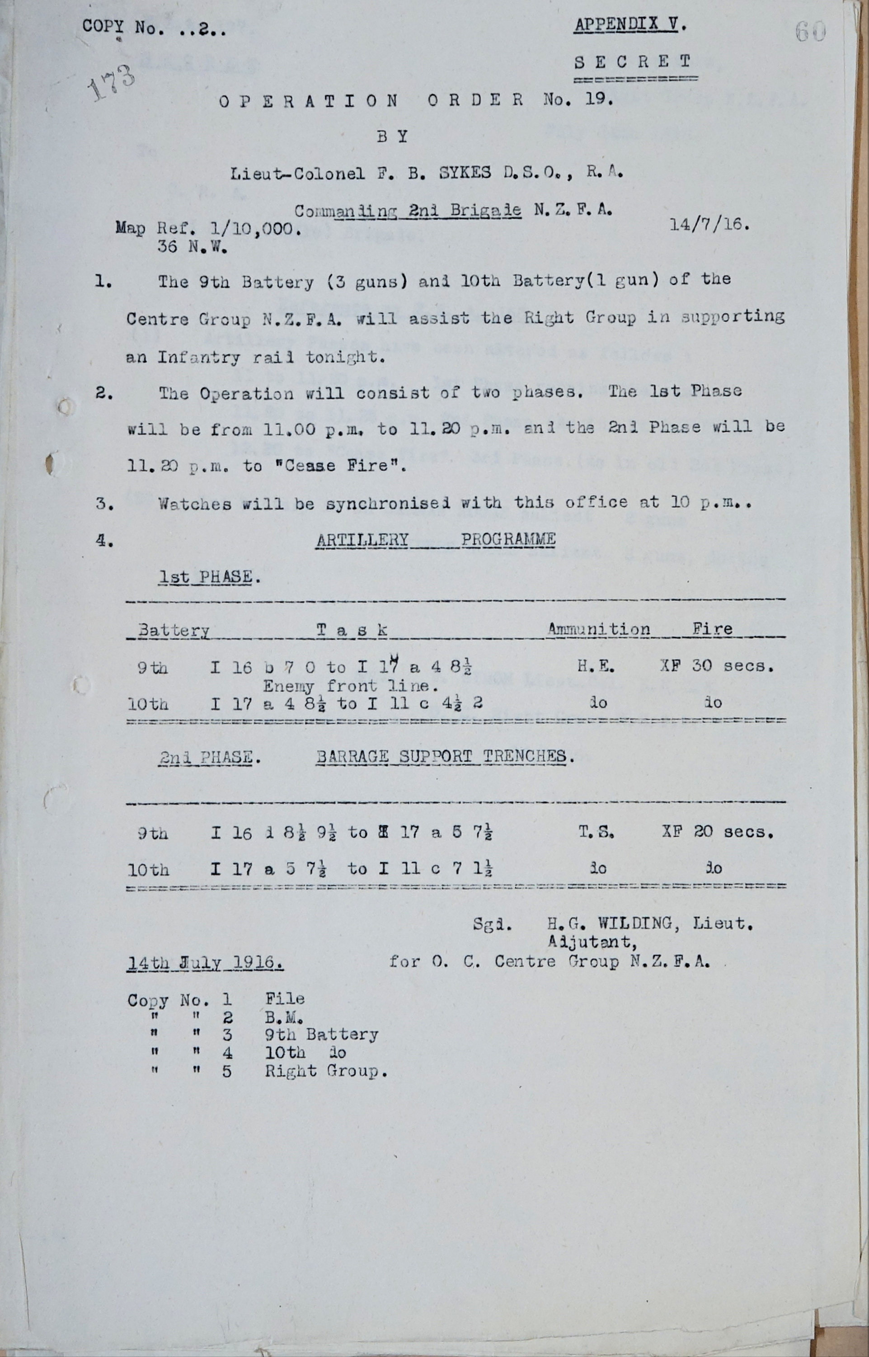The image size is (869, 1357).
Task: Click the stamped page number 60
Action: pyautogui.click(x=810, y=32)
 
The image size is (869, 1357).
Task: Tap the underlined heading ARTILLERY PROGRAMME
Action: pyautogui.click(x=436, y=540)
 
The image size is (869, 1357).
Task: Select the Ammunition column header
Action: pyautogui.click(x=599, y=629)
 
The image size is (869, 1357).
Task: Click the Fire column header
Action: pyautogui.click(x=713, y=629)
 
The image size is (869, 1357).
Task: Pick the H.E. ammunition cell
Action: pyautogui.click(x=596, y=666)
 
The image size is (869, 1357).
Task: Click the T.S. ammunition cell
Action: pyautogui.click(x=596, y=832)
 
